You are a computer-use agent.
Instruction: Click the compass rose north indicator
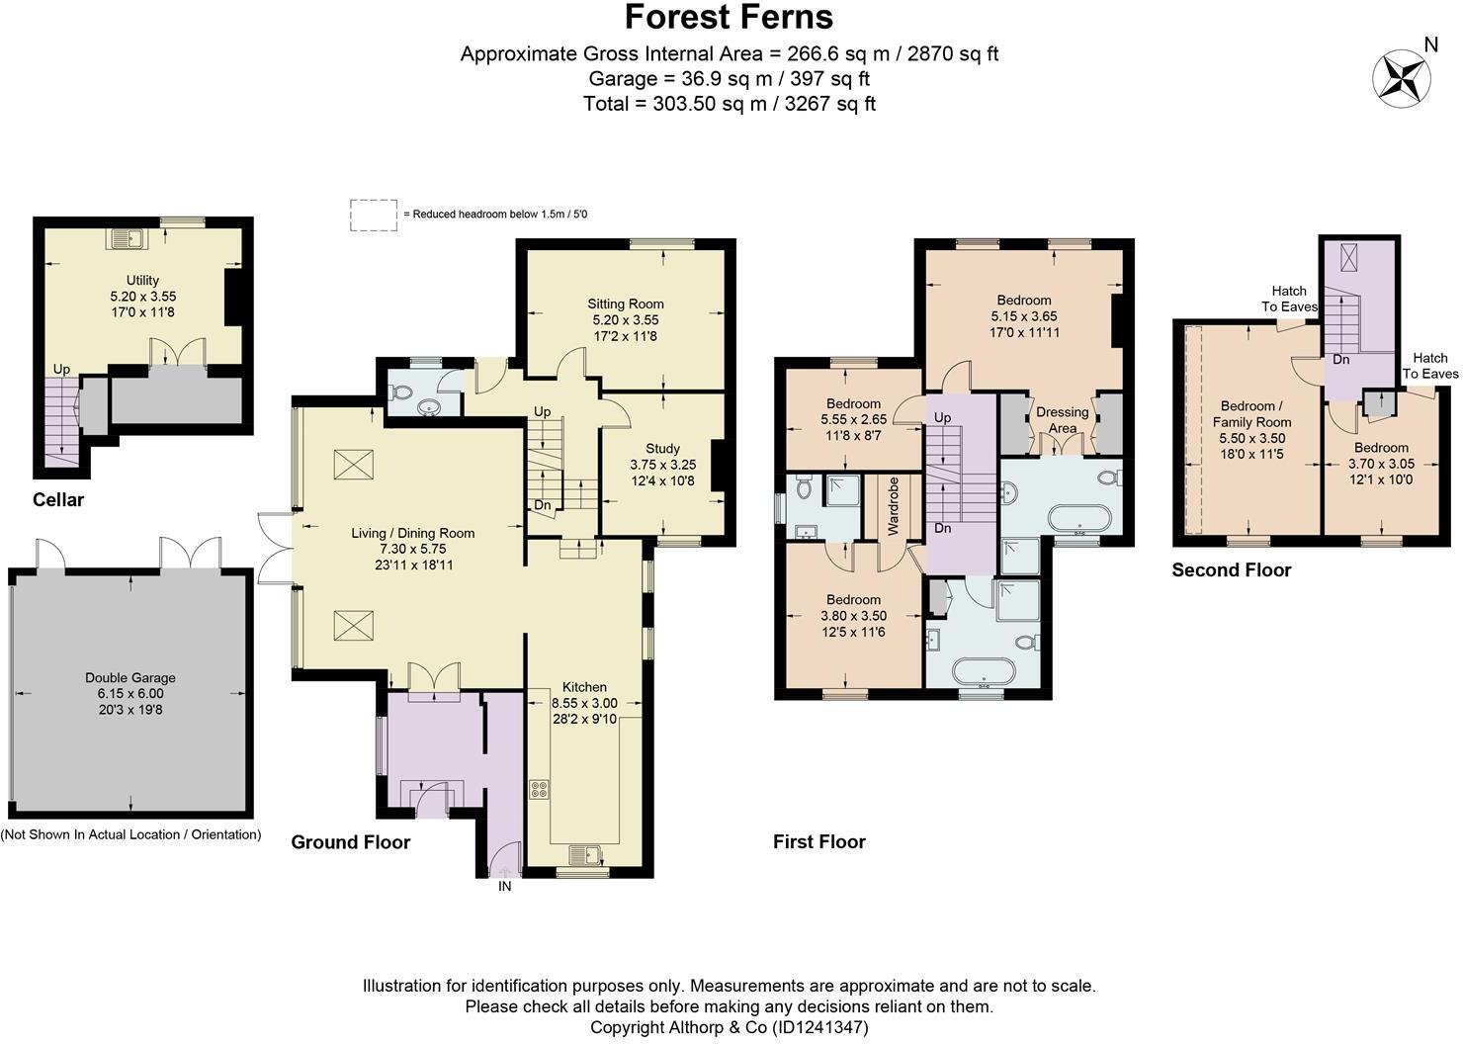[1402, 77]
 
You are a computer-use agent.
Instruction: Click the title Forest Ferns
[729, 17]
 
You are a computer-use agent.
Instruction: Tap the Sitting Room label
[625, 304]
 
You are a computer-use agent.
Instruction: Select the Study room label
[662, 449]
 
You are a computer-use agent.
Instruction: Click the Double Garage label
[129, 677]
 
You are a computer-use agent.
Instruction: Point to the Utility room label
[142, 280]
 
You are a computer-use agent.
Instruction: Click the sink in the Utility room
[126, 237]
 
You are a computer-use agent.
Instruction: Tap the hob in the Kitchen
[540, 789]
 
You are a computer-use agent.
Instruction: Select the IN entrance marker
[504, 887]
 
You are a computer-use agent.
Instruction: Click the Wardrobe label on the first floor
[893, 506]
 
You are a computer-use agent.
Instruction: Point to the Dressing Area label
[1062, 420]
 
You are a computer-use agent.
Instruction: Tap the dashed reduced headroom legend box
[373, 215]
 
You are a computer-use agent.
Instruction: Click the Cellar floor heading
[58, 499]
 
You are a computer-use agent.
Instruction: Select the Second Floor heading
[1231, 569]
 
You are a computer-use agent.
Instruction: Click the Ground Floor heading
[350, 841]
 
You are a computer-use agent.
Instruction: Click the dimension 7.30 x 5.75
[412, 549]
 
